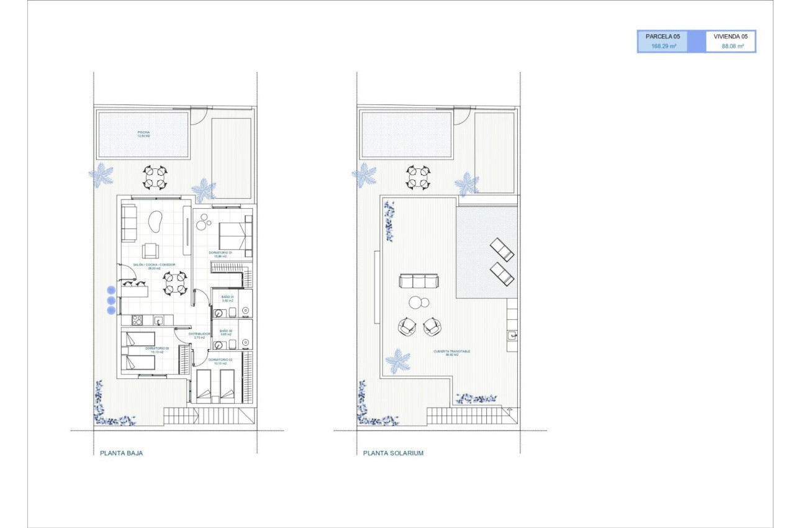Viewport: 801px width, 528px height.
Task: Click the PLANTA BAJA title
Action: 121,453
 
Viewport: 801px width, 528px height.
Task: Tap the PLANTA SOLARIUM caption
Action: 393,453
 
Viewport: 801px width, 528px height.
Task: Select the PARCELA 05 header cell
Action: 663,37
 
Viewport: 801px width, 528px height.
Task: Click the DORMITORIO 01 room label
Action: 220,253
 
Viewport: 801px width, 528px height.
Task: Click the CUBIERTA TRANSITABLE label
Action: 451,352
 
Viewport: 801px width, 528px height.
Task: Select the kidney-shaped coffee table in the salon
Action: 156,221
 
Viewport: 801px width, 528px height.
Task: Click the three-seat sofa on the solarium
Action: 420,281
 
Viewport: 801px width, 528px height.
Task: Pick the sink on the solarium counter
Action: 513,335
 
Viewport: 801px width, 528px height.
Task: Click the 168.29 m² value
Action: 663,46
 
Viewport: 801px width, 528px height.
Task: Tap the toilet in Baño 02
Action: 220,344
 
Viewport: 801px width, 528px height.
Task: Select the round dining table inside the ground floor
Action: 175,283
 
